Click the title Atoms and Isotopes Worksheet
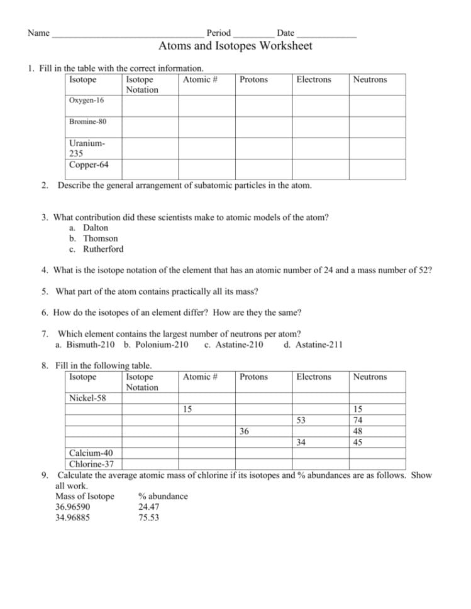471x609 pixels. point(235,46)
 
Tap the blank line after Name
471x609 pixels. point(128,33)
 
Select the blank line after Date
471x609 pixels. point(326,33)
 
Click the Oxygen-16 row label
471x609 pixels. point(87,100)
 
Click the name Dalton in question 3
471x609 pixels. point(96,228)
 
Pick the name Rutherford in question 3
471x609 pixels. point(103,249)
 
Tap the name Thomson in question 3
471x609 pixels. point(101,239)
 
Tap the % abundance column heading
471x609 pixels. point(163,496)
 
